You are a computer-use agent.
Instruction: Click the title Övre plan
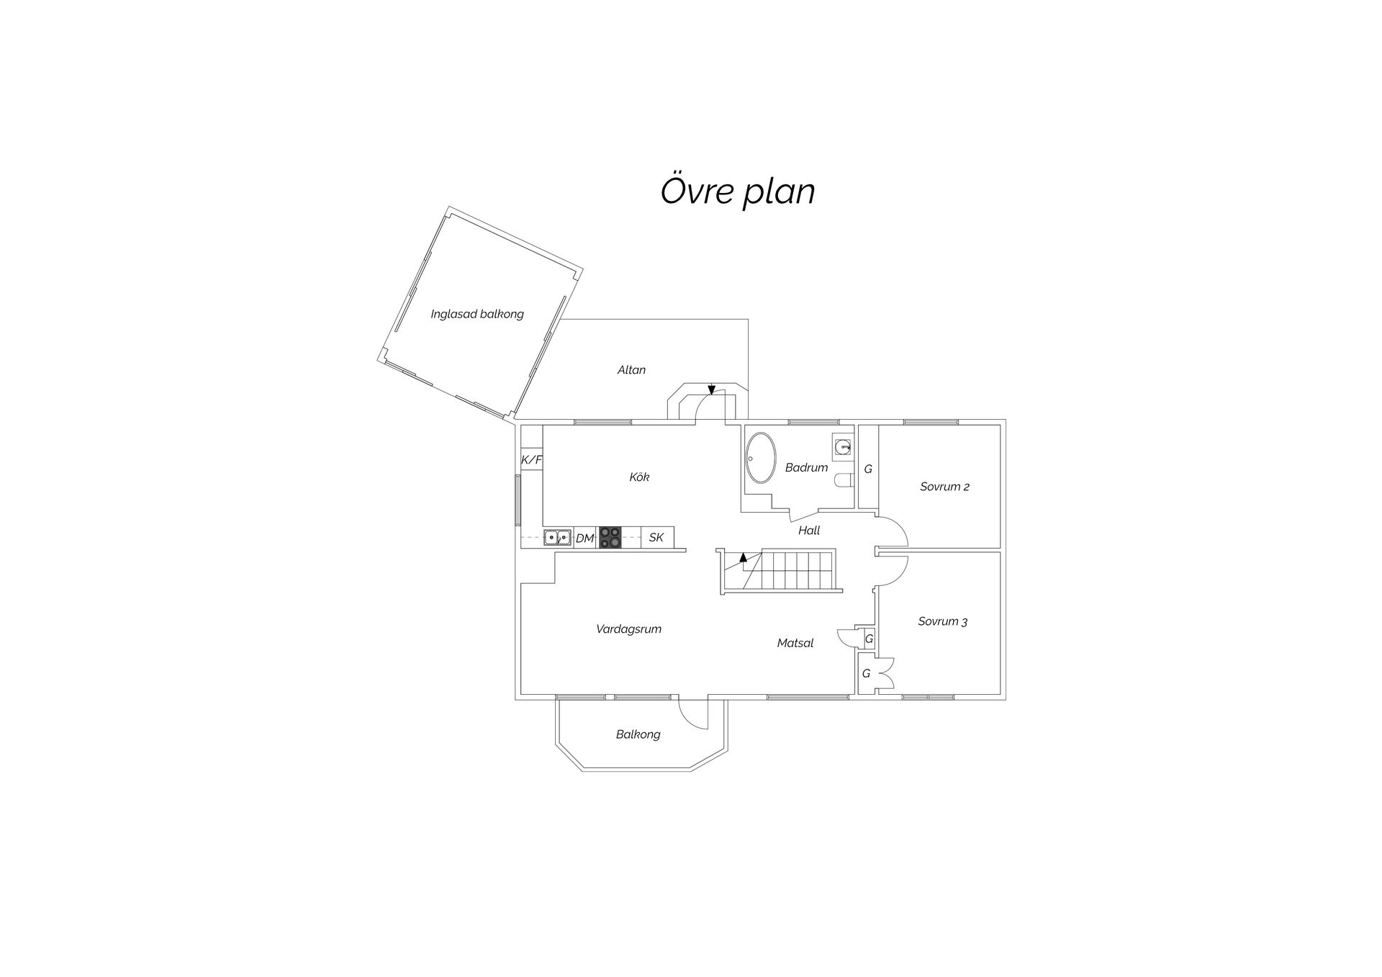pyautogui.click(x=738, y=192)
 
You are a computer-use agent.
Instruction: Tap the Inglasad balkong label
pyautogui.click(x=477, y=314)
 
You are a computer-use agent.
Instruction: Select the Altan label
pyautogui.click(x=631, y=370)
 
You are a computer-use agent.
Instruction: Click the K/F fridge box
pyautogui.click(x=532, y=460)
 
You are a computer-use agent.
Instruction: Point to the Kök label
pyautogui.click(x=639, y=477)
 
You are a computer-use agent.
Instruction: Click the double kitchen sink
pyautogui.click(x=557, y=537)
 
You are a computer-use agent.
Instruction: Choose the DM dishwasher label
pyautogui.click(x=585, y=538)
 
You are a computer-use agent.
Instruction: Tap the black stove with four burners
pyautogui.click(x=610, y=537)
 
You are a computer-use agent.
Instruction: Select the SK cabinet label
pyautogui.click(x=656, y=537)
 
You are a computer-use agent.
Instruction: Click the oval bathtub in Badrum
pyautogui.click(x=761, y=458)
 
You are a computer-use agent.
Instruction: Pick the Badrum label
pyautogui.click(x=806, y=467)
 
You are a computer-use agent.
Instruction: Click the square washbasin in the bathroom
pyautogui.click(x=842, y=447)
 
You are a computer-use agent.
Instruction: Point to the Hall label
pyautogui.click(x=809, y=531)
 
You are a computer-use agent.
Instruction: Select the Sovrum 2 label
pyautogui.click(x=944, y=487)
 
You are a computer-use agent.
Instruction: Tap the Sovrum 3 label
pyautogui.click(x=943, y=621)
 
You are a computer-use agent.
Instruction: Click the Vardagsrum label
pyautogui.click(x=628, y=629)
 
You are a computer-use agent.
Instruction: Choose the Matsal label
pyautogui.click(x=795, y=643)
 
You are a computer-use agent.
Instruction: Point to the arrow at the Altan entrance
pyautogui.click(x=711, y=390)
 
